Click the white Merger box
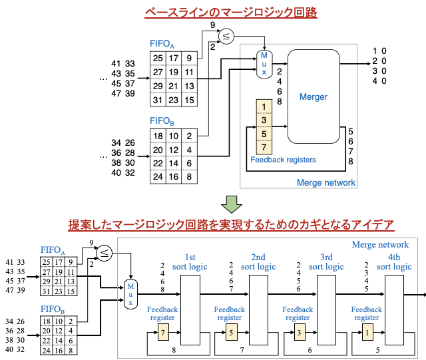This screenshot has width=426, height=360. [313, 96]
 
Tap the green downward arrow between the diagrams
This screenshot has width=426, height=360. [231, 204]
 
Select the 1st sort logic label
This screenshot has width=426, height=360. [190, 262]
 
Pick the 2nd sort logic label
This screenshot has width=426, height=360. [258, 262]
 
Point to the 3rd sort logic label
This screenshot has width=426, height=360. [326, 262]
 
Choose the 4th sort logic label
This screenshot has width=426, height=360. [394, 262]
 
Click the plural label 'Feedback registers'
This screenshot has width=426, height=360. [283, 160]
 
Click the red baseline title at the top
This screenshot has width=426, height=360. [231, 13]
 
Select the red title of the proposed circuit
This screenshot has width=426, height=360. [231, 225]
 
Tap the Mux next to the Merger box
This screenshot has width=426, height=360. [264, 63]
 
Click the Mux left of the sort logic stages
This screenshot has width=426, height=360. [130, 293]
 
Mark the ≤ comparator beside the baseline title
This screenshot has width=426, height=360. [226, 37]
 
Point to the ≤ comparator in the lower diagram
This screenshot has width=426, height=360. [104, 253]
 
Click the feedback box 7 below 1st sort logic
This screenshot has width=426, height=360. [163, 333]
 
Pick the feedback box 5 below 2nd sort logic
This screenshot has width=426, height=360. [231, 333]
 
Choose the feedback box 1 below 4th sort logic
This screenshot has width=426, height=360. [367, 333]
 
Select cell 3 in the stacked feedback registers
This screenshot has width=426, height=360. [264, 120]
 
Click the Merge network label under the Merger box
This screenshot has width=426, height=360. [325, 182]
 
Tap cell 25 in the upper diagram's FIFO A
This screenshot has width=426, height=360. [158, 59]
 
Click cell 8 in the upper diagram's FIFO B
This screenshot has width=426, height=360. [189, 176]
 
